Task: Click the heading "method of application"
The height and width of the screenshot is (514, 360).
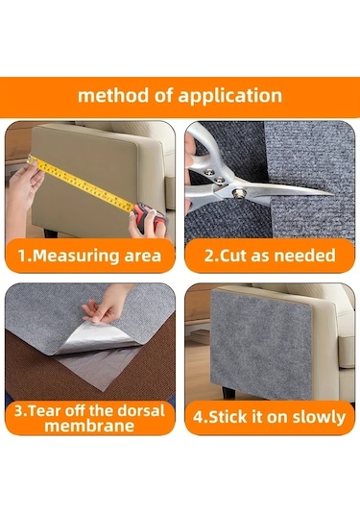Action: [180, 96]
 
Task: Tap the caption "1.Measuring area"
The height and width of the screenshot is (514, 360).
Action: [90, 256]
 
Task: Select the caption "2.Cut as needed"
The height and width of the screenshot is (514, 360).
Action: [270, 256]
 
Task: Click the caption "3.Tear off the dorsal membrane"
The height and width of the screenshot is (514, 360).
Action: [90, 418]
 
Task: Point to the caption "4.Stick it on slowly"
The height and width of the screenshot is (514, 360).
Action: [270, 417]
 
